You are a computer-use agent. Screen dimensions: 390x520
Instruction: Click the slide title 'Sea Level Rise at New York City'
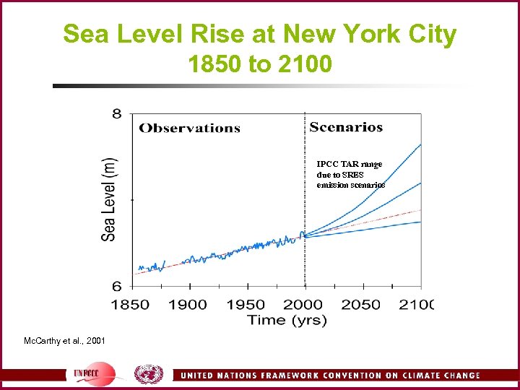click(x=260, y=34)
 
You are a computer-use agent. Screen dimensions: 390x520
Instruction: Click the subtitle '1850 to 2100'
click(x=260, y=65)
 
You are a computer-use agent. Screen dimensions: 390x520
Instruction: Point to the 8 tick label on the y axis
click(x=116, y=114)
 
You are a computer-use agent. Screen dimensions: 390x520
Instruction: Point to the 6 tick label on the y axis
click(x=116, y=286)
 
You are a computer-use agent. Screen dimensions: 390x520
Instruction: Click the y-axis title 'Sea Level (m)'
click(x=108, y=199)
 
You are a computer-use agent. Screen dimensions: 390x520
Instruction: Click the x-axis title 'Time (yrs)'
click(x=287, y=319)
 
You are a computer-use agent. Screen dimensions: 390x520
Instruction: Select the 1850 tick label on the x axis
click(x=130, y=304)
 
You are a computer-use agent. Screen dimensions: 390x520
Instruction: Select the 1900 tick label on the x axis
click(x=188, y=304)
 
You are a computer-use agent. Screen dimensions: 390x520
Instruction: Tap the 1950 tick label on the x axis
click(x=246, y=304)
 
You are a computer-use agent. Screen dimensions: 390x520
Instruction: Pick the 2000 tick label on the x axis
click(x=303, y=304)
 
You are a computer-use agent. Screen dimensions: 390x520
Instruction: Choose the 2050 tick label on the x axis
click(x=361, y=304)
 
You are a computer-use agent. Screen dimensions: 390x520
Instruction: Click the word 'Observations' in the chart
click(x=189, y=129)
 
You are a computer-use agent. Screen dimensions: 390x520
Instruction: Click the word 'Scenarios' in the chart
click(x=346, y=128)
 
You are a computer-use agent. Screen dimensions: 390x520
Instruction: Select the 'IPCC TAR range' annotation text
click(x=350, y=165)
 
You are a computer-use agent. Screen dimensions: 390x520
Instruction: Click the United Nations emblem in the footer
click(x=149, y=375)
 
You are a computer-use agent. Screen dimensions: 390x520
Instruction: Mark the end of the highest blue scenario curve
click(x=420, y=144)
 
